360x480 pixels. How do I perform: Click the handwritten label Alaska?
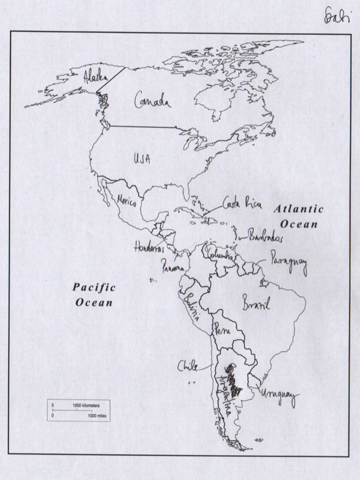point(92,77)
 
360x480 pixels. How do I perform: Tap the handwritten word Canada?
point(151,101)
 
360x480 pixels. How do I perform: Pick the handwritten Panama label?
point(173,266)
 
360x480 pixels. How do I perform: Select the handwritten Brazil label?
point(256,306)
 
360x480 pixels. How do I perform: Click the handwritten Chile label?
point(188,366)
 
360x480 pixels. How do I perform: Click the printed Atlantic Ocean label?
point(299,216)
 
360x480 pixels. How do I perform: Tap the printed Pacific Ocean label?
point(94,294)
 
